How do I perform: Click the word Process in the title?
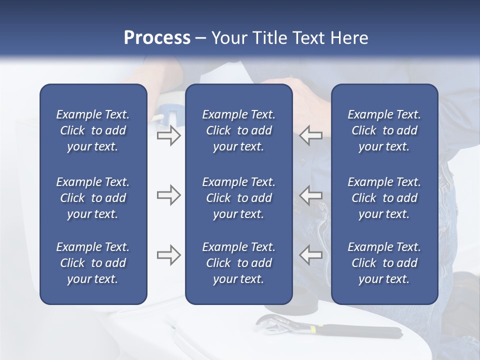pos(157,38)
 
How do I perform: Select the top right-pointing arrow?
pos(168,135)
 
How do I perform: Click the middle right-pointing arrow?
pos(168,195)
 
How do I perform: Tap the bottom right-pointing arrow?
pos(168,254)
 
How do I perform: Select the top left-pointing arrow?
pos(311,135)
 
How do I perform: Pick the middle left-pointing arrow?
pos(311,195)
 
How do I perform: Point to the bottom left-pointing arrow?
pos(311,254)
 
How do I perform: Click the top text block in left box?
pos(93,130)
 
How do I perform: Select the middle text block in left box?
pos(93,198)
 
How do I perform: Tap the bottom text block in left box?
pos(93,263)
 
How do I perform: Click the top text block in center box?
pos(238,130)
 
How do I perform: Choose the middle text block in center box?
pos(238,198)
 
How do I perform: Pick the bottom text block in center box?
pos(238,263)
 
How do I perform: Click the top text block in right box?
pos(384,130)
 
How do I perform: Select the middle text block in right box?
pos(384,198)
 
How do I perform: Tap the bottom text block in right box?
pos(384,263)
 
